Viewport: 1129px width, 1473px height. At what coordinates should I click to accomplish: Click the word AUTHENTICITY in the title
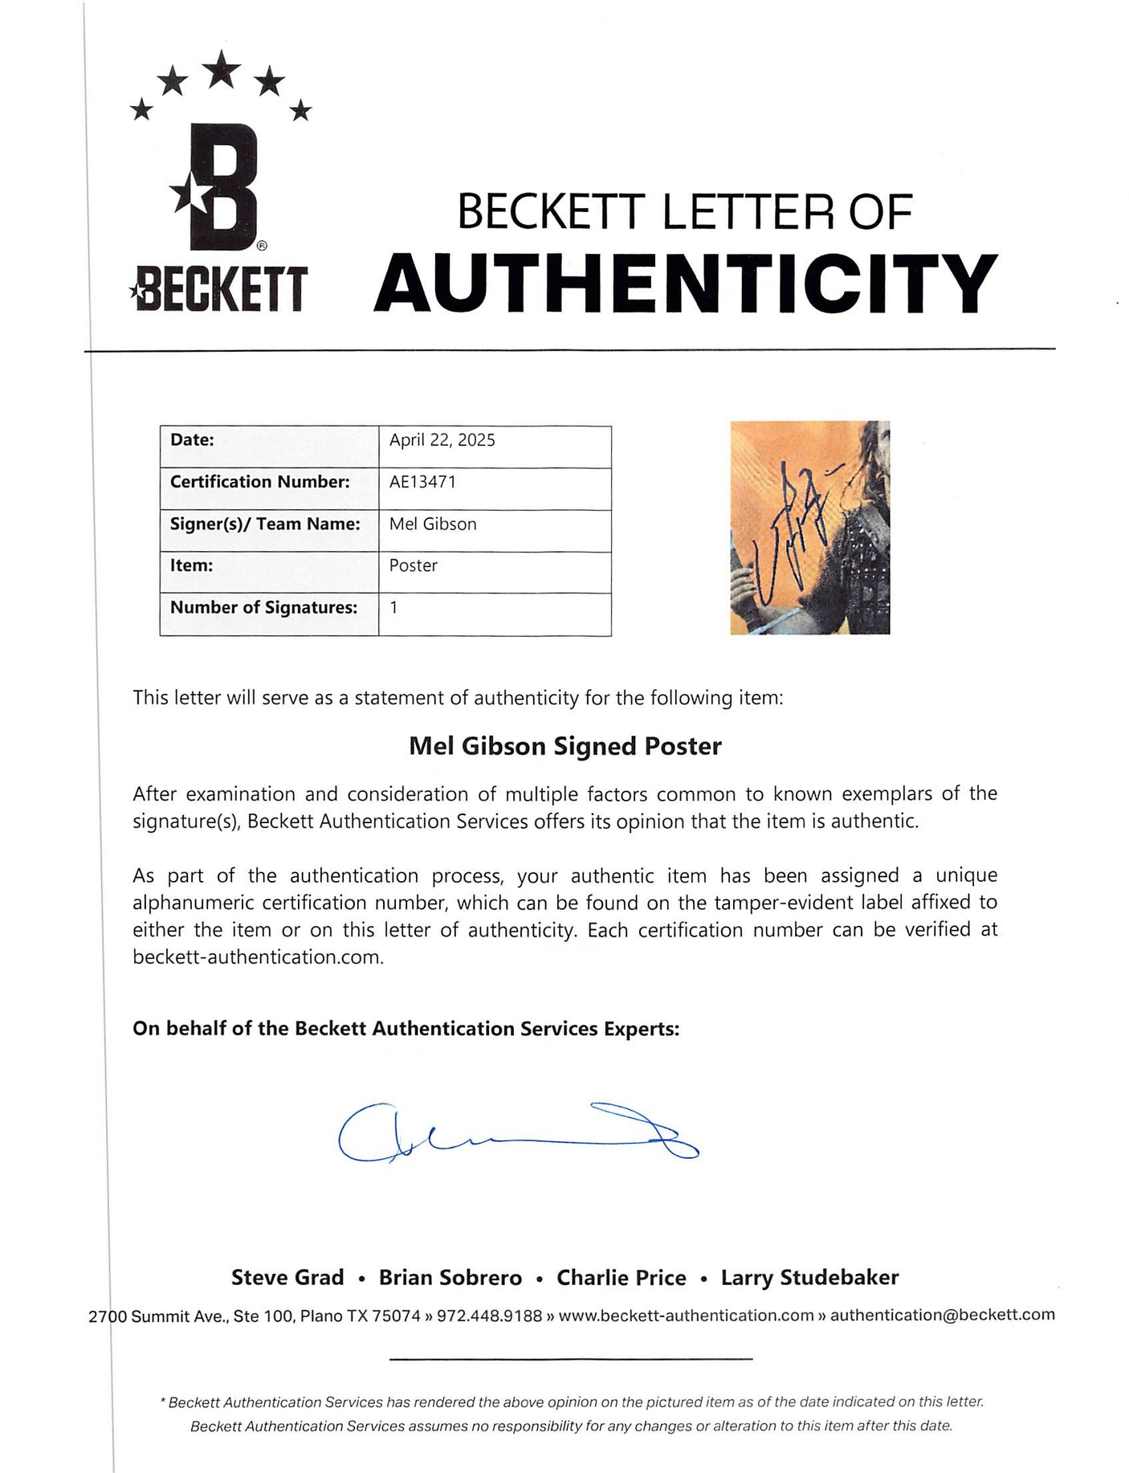(685, 283)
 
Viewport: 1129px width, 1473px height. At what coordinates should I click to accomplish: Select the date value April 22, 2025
(442, 440)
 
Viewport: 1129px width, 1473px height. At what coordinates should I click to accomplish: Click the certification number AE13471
(422, 482)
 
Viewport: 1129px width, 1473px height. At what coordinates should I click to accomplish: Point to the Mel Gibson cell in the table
(433, 524)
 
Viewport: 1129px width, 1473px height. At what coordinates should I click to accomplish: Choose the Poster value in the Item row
(414, 565)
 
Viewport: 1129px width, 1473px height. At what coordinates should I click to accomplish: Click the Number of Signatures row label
(263, 607)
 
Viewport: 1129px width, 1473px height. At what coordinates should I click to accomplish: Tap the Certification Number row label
(259, 482)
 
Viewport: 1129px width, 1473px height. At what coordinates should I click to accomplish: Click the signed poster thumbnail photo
(809, 528)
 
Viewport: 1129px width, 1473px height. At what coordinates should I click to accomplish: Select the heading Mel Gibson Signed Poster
(564, 746)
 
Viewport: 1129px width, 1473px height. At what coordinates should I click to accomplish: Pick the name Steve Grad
(287, 1277)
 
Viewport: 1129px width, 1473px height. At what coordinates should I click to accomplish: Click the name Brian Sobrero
(450, 1277)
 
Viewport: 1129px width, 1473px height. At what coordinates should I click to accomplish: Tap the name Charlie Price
(622, 1277)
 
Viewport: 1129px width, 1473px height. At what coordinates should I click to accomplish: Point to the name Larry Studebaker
(809, 1277)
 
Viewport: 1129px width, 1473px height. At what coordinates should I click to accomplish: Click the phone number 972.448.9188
(489, 1316)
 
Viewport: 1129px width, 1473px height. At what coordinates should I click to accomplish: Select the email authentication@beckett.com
(942, 1315)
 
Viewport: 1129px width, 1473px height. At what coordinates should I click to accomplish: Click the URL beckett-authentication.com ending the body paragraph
(258, 957)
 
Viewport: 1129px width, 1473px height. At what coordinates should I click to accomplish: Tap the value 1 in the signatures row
(393, 607)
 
